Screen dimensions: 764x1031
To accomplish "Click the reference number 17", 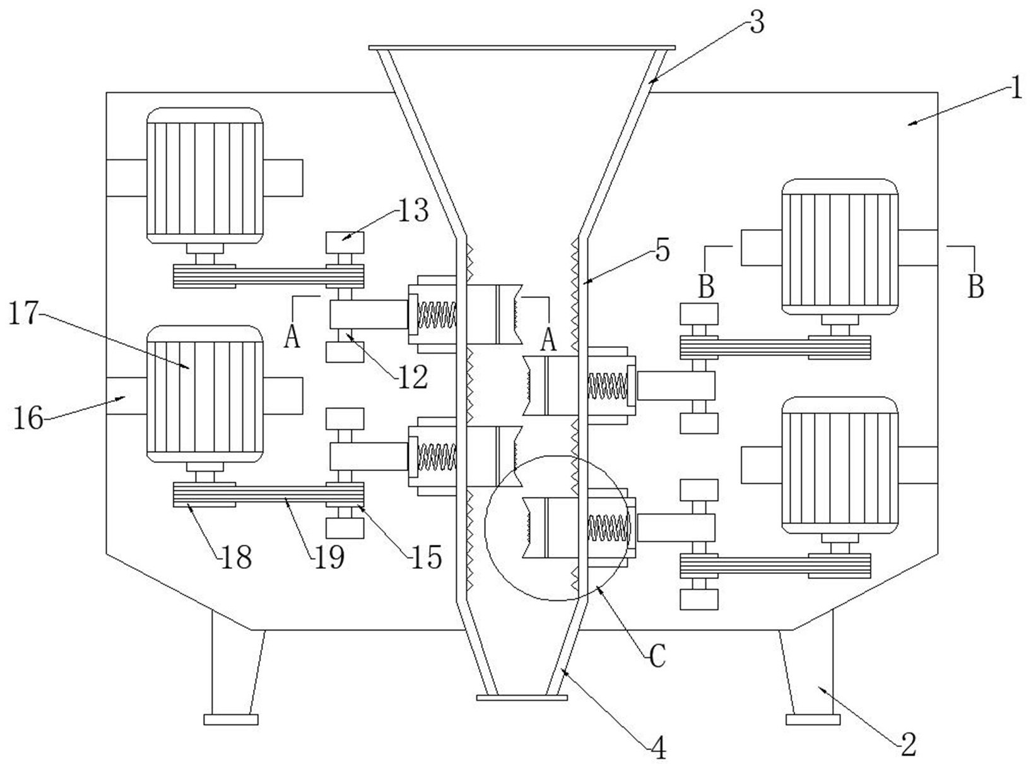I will click(x=23, y=314).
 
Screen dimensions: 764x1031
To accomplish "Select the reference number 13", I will click(x=413, y=211).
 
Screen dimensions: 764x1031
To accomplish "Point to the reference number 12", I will click(x=413, y=377).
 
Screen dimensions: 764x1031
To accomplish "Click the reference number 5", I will click(x=662, y=251).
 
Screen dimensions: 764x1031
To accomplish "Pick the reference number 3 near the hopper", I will click(x=757, y=23).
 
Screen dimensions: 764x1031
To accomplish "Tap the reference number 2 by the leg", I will click(x=908, y=744).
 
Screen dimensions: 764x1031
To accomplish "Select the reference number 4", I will click(x=658, y=749).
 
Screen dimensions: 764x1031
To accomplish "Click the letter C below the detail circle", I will click(x=657, y=657).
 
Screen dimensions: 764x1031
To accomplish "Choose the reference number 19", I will click(x=329, y=557).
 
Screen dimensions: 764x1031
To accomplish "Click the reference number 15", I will click(x=426, y=557).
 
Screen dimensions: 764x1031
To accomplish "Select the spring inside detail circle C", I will click(x=608, y=528).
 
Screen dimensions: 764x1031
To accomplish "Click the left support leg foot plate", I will click(x=231, y=719).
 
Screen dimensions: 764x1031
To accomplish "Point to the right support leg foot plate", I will click(x=813, y=719).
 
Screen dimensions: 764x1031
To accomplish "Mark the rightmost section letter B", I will click(x=975, y=287).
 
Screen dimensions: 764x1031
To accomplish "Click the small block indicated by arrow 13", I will click(x=345, y=242).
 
